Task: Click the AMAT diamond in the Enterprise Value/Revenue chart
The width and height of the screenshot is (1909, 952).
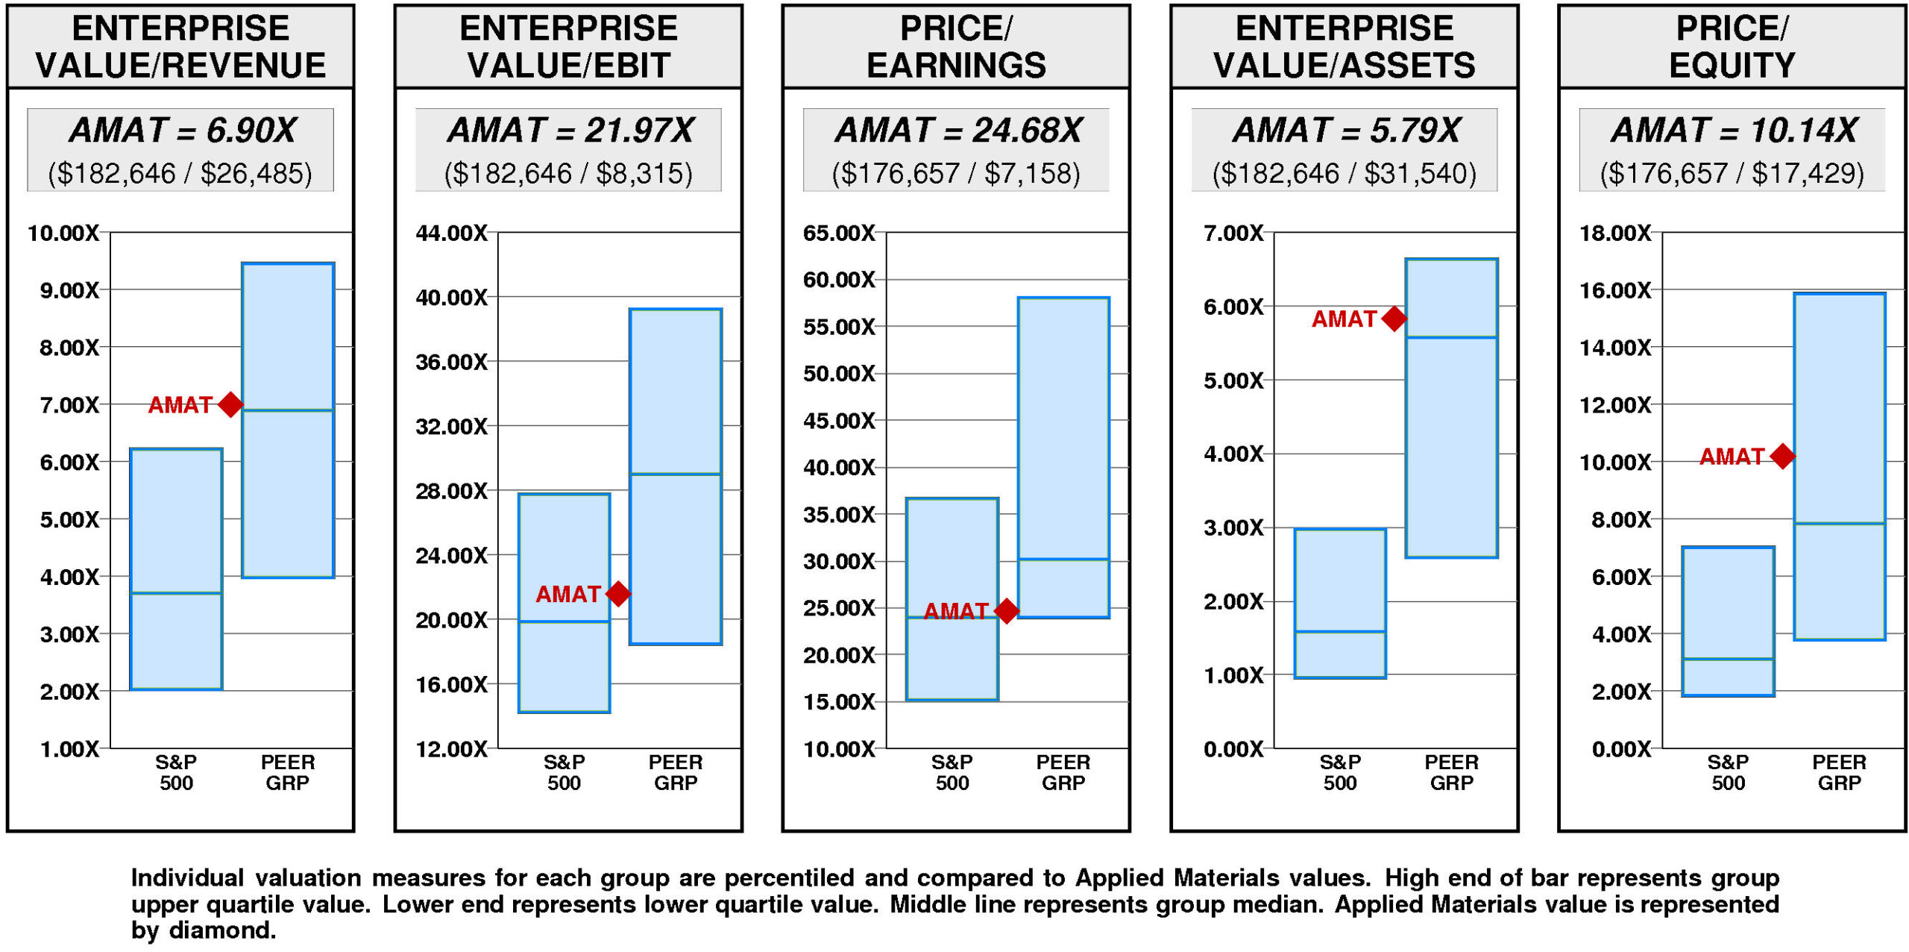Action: pyautogui.click(x=230, y=404)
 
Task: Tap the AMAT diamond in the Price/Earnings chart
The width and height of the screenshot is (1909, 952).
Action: pyautogui.click(x=1007, y=610)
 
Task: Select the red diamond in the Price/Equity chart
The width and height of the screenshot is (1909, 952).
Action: pyautogui.click(x=1783, y=456)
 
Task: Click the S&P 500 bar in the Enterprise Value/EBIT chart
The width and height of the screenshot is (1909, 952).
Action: pyautogui.click(x=564, y=603)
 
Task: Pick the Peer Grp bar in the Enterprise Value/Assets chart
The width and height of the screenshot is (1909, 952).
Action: pyautogui.click(x=1452, y=408)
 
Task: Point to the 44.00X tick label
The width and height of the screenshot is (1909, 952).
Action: pyautogui.click(x=451, y=233)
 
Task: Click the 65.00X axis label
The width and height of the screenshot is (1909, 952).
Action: pyautogui.click(x=839, y=233)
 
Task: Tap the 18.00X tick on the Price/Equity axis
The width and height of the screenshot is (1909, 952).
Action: pyautogui.click(x=1615, y=233)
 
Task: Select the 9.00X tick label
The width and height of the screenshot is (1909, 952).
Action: pyautogui.click(x=69, y=290)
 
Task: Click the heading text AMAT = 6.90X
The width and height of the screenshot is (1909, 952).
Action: pyautogui.click(x=182, y=131)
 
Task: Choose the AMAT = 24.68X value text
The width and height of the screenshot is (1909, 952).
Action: pyautogui.click(x=957, y=131)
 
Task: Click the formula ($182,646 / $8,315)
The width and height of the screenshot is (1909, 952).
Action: pyautogui.click(x=568, y=173)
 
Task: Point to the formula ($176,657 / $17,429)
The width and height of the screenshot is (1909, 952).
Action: pyautogui.click(x=1732, y=173)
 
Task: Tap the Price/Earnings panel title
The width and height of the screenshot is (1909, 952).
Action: pyautogui.click(x=956, y=46)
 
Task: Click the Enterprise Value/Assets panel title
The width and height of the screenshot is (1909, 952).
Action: pyautogui.click(x=1344, y=46)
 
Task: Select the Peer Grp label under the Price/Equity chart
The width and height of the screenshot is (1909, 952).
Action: pyautogui.click(x=1840, y=772)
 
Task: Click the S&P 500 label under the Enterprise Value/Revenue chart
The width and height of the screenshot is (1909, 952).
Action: pyautogui.click(x=176, y=772)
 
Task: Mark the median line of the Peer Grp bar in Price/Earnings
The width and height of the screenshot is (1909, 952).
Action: pyautogui.click(x=1064, y=559)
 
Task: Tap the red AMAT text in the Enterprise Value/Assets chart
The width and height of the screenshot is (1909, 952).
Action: pyautogui.click(x=1344, y=319)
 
